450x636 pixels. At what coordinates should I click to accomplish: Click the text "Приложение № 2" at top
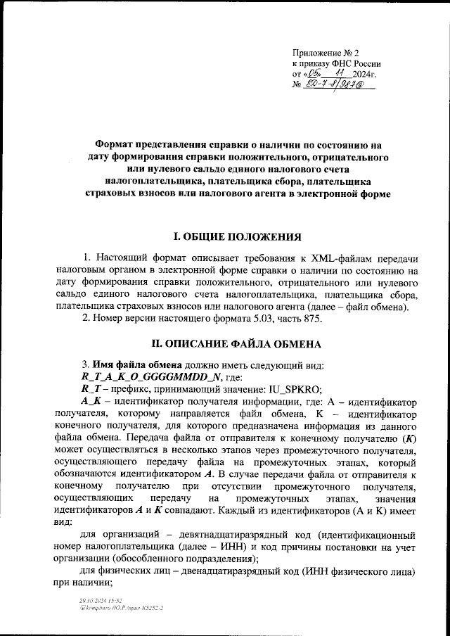pos(326,53)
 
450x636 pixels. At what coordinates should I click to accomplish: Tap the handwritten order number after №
pos(338,85)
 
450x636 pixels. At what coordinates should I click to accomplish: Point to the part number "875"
pos(311,319)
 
